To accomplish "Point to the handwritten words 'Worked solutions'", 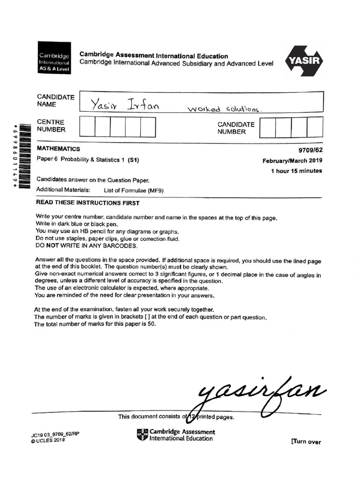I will tap(223, 109).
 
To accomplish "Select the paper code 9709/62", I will tap(310, 150).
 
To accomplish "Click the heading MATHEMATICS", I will tap(58, 149).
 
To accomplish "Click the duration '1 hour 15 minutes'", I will tap(296, 171).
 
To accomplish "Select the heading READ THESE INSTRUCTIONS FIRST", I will tap(88, 203).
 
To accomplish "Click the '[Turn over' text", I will tap(306, 442).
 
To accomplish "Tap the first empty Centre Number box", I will tap(88, 127).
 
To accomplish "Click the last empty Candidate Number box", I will tap(315, 127).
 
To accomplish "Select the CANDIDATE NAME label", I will tap(56, 101).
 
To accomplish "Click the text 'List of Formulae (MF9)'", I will tap(134, 190).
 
